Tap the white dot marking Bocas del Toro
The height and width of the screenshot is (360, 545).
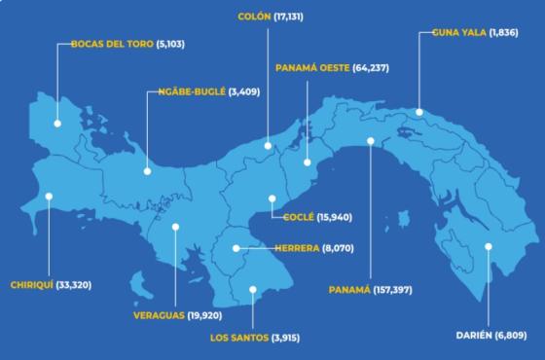click(x=57, y=124)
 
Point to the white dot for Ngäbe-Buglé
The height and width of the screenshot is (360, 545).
click(x=147, y=171)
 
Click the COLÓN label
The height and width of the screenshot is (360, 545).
click(x=254, y=17)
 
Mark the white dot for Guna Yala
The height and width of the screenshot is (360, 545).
click(x=418, y=112)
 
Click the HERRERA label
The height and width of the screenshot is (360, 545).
click(x=296, y=248)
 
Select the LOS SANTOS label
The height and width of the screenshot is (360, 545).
click(x=238, y=338)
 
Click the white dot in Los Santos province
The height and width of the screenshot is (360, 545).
click(x=252, y=288)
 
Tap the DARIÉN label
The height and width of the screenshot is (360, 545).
click(x=474, y=336)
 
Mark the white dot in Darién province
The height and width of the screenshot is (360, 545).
click(x=489, y=246)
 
